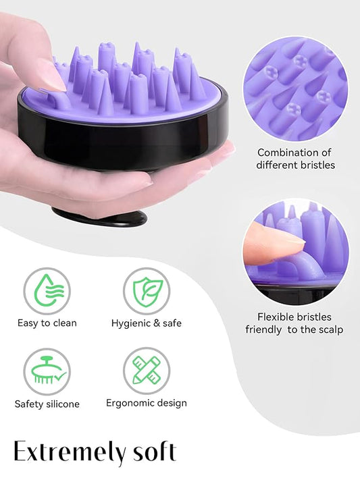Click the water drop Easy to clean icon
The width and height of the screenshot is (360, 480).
tap(47, 291)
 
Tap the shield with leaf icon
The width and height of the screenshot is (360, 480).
tap(146, 291)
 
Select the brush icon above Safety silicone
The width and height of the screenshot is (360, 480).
tap(47, 372)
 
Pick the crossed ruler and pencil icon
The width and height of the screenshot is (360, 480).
tap(146, 371)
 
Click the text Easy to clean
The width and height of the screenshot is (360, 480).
tap(47, 323)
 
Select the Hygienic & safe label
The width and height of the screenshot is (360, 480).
tap(147, 323)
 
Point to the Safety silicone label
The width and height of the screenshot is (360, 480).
tap(47, 404)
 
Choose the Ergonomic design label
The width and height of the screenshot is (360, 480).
tap(147, 403)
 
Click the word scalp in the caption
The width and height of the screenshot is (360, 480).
tap(329, 329)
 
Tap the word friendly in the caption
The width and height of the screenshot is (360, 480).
tap(264, 329)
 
